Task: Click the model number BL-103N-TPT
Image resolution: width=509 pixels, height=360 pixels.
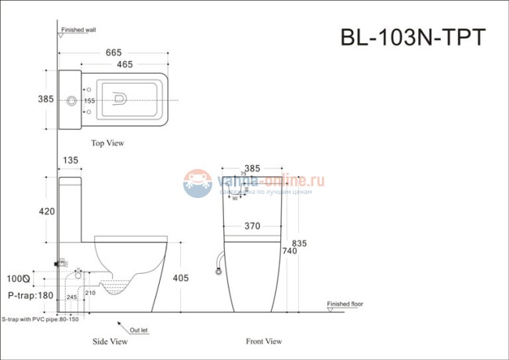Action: [413, 37]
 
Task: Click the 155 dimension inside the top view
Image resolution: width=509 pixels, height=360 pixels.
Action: [90, 101]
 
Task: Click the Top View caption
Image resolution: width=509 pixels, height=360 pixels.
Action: [107, 143]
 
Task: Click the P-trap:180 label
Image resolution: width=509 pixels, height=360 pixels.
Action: [29, 295]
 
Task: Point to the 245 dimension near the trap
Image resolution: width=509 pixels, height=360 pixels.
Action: [72, 297]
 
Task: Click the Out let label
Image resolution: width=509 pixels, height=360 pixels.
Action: [139, 330]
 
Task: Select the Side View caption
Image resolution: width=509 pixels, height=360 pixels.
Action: [110, 341]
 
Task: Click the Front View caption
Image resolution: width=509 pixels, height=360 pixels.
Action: [263, 341]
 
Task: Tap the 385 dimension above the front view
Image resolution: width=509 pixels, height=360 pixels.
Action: [251, 167]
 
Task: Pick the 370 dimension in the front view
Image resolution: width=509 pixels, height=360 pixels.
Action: [251, 225]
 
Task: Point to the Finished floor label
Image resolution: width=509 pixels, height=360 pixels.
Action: [345, 302]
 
